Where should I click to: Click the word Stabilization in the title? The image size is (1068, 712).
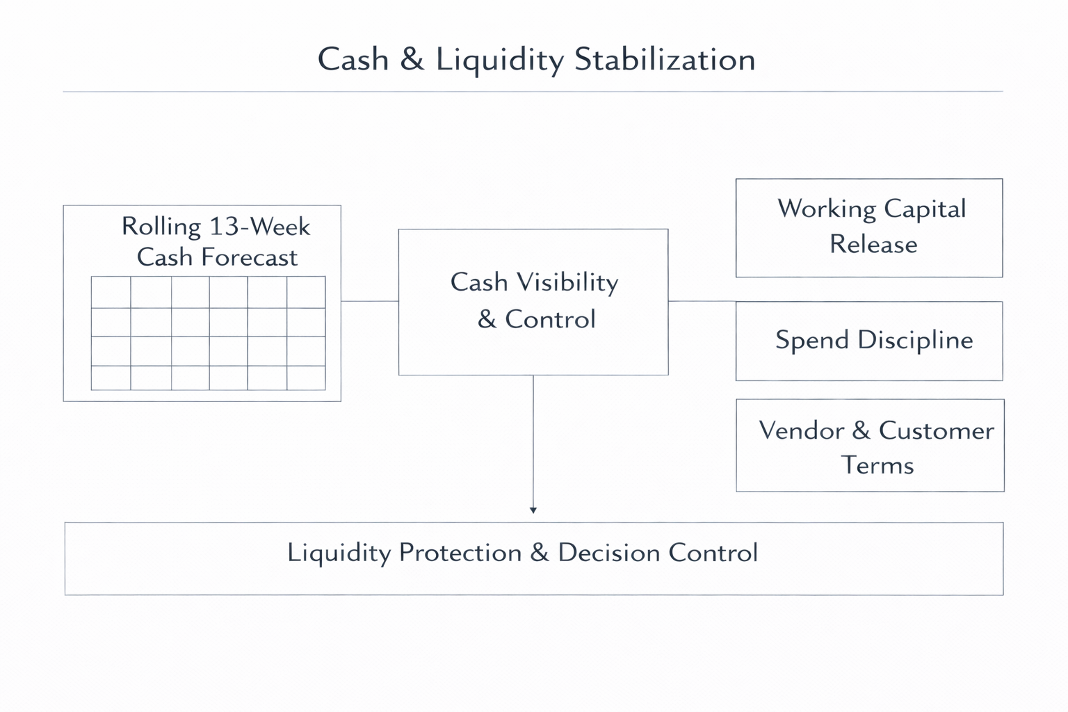coord(665,59)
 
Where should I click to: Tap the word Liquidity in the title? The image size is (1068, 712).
coord(499,60)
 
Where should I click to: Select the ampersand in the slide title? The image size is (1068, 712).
coord(412,59)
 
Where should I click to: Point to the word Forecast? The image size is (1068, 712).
coord(248,258)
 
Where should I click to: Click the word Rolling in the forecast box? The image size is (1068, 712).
coord(161,227)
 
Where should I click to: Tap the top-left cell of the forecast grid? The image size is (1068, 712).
coord(111,292)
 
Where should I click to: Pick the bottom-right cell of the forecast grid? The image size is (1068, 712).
coord(306,378)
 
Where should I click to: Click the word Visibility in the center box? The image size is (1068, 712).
coord(564,282)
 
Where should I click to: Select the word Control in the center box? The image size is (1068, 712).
coord(550,319)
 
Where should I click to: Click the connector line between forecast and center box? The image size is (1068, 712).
coord(369,301)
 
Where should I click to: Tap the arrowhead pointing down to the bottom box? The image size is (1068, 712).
coord(533,510)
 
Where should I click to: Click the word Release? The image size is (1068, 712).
coord(873,244)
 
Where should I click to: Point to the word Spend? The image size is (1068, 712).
coord(812,340)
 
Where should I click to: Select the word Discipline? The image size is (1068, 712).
coord(915,340)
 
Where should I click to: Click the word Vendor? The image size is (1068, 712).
coord(801,430)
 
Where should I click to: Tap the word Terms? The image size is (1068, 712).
coord(877,464)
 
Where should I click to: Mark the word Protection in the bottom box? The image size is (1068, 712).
coord(460,553)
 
